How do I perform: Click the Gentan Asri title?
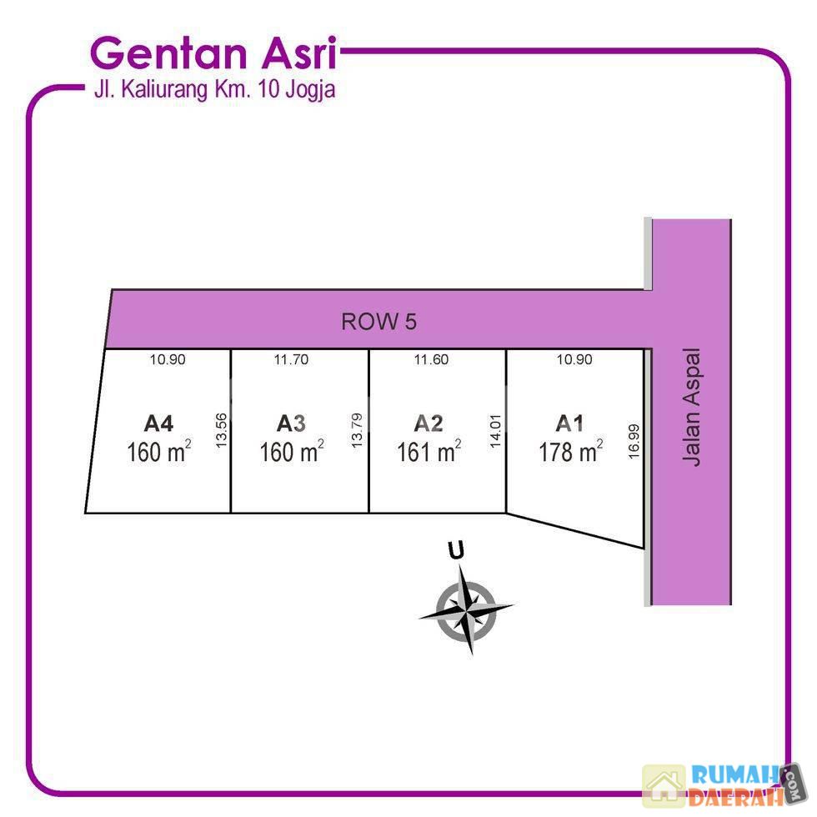pyautogui.click(x=213, y=53)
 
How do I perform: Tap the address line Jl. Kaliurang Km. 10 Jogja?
pyautogui.click(x=214, y=89)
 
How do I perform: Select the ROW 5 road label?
pyautogui.click(x=378, y=322)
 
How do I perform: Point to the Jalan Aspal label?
pyautogui.click(x=692, y=407)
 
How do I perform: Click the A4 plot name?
pyautogui.click(x=158, y=424)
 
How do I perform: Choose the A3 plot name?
pyautogui.click(x=291, y=424)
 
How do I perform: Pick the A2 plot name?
pyautogui.click(x=429, y=424)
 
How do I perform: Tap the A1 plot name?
pyautogui.click(x=569, y=424)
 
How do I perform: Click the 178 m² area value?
pyautogui.click(x=571, y=451)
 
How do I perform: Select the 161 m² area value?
pyautogui.click(x=429, y=451)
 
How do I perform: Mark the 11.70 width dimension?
pyautogui.click(x=291, y=359)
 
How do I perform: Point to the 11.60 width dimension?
pyautogui.click(x=431, y=359)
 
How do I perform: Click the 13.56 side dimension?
pyautogui.click(x=221, y=430)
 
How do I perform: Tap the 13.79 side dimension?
pyautogui.click(x=357, y=430)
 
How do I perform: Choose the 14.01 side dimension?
pyautogui.click(x=495, y=431)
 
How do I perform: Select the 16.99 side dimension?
pyautogui.click(x=634, y=441)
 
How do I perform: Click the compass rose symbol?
pyautogui.click(x=466, y=609)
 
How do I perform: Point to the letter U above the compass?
pyautogui.click(x=456, y=551)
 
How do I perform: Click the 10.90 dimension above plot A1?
pyautogui.click(x=574, y=359)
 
